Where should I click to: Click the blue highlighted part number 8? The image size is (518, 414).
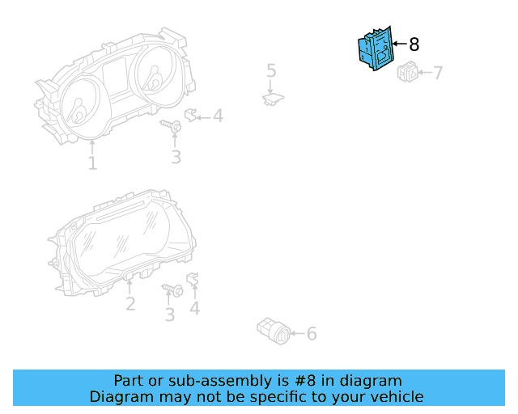(375, 49)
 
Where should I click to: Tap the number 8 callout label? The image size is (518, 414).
(414, 44)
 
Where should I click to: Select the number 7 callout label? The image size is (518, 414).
(438, 74)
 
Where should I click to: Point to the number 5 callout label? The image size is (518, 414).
(271, 71)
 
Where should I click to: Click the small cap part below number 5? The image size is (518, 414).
(272, 99)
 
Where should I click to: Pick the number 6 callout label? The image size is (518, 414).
(312, 333)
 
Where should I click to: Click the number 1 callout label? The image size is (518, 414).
(92, 163)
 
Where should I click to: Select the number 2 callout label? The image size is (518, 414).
(129, 304)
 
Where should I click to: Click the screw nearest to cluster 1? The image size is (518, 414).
(172, 126)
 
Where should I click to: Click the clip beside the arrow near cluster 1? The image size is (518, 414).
(192, 115)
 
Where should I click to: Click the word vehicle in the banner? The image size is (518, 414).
(394, 396)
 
